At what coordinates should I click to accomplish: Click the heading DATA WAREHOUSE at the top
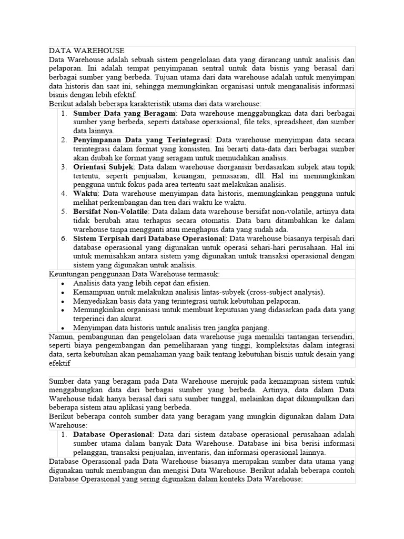tap(87, 51)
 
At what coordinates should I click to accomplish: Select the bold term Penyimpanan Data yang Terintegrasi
tap(142, 140)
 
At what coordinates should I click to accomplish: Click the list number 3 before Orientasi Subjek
tap(63, 167)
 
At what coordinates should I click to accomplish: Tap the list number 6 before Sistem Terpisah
tap(63, 238)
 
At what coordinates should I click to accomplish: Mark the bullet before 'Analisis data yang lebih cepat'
tap(63, 283)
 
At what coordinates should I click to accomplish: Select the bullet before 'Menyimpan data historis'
tap(63, 328)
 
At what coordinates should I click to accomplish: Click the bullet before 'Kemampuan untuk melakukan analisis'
tap(63, 292)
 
